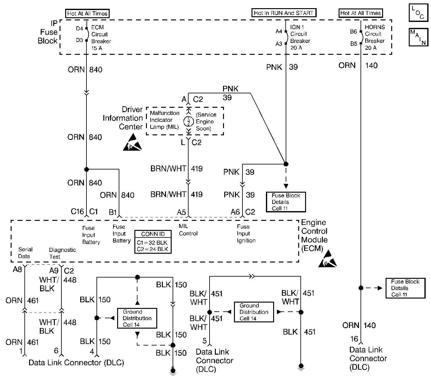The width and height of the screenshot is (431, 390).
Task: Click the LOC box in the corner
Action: (x=418, y=13)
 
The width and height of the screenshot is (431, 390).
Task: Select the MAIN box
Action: (x=418, y=37)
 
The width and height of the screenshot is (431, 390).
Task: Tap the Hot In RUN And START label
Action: (x=283, y=13)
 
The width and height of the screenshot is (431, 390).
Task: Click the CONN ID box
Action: (x=153, y=242)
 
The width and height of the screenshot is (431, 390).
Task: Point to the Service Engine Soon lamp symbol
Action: (x=189, y=122)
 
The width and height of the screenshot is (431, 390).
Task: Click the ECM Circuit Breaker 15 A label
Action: (x=101, y=38)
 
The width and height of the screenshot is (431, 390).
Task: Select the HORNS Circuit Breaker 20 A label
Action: (x=375, y=37)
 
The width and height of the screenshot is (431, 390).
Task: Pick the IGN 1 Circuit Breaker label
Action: (x=300, y=34)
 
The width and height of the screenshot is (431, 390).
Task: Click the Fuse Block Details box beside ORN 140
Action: (x=405, y=288)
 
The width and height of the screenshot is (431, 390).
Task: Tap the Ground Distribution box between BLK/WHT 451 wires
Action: (x=254, y=312)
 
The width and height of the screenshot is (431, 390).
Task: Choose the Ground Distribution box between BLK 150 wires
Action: (x=137, y=318)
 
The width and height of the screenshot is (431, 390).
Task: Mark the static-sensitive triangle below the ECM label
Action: (x=327, y=259)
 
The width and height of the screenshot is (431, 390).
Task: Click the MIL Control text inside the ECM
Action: (x=188, y=230)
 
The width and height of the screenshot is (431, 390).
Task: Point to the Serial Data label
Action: (x=25, y=253)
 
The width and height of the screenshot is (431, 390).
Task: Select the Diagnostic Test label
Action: (x=62, y=253)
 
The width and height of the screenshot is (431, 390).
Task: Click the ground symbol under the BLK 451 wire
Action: (x=301, y=367)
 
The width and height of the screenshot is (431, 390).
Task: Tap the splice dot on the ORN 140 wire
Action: (x=361, y=288)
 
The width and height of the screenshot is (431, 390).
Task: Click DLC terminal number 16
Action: (x=354, y=339)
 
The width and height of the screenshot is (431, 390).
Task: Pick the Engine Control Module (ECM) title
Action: (x=314, y=235)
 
